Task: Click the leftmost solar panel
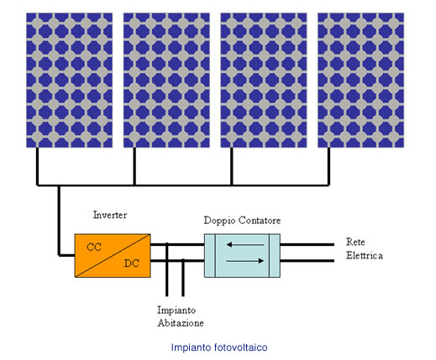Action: pyautogui.click(x=70, y=80)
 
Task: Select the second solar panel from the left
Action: pyautogui.click(x=166, y=80)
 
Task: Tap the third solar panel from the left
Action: pyautogui.click(x=264, y=80)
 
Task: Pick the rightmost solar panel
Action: pyautogui.click(x=361, y=80)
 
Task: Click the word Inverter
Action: pyautogui.click(x=110, y=215)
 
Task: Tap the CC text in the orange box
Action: pyautogui.click(x=94, y=248)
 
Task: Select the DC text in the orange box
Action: pyautogui.click(x=132, y=263)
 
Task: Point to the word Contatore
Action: pyautogui.click(x=260, y=221)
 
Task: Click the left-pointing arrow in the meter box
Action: pyautogui.click(x=245, y=245)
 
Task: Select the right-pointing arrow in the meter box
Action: pyautogui.click(x=245, y=261)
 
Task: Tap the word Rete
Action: pyautogui.click(x=355, y=242)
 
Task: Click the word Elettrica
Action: pyautogui.click(x=365, y=255)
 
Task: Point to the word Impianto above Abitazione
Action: pyautogui.click(x=176, y=310)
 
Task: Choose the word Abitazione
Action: pyautogui.click(x=181, y=323)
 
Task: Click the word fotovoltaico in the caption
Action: pyautogui.click(x=241, y=347)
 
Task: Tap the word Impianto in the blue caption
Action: pyautogui.click(x=192, y=347)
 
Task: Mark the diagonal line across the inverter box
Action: pyautogui.click(x=113, y=256)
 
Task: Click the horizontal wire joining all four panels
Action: pyautogui.click(x=183, y=185)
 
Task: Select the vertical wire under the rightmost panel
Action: pyautogui.click(x=328, y=166)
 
